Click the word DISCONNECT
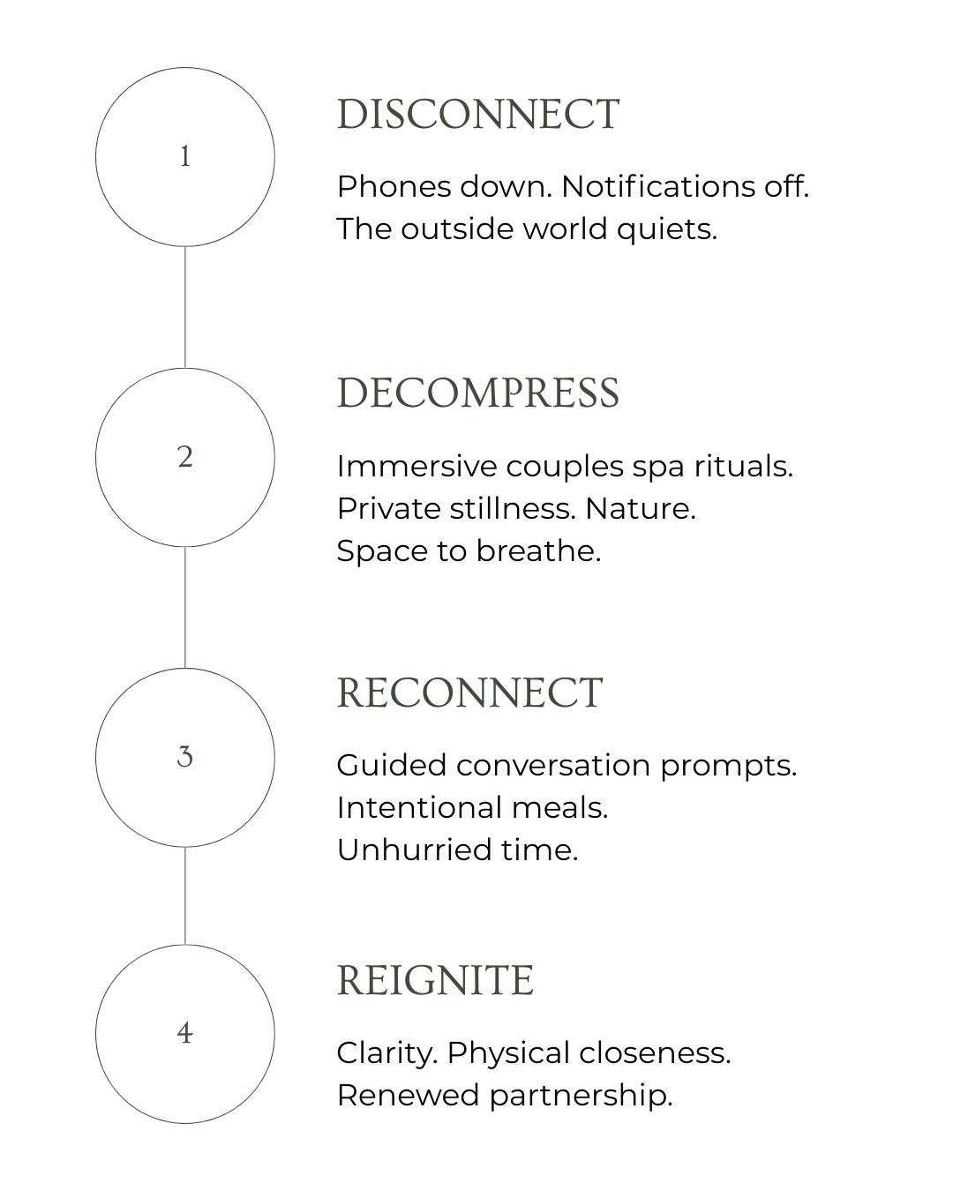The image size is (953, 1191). (478, 115)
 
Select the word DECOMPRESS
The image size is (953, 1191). (478, 393)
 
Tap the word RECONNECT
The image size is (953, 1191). (470, 693)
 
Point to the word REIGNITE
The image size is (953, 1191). (436, 981)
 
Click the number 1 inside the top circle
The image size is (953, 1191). (185, 158)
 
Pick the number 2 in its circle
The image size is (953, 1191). (185, 458)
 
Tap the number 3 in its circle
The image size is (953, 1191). (185, 757)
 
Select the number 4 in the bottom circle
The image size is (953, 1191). (184, 1033)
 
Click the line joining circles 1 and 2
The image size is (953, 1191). (185, 307)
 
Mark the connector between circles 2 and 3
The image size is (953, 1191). (185, 607)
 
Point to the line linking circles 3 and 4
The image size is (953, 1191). (185, 895)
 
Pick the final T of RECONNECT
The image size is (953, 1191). (590, 693)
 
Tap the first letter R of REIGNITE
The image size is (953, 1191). (350, 981)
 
